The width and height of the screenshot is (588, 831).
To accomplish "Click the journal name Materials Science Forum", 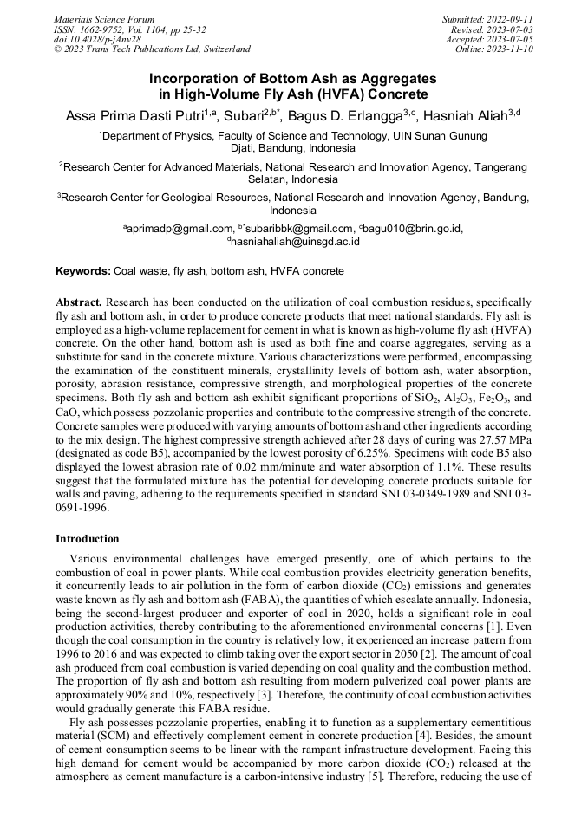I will point(104,19).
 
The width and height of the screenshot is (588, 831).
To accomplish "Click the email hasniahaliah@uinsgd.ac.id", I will point(295,243).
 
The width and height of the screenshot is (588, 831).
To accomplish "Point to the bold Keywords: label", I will point(83,271).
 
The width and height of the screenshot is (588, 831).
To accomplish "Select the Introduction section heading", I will point(88,538).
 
